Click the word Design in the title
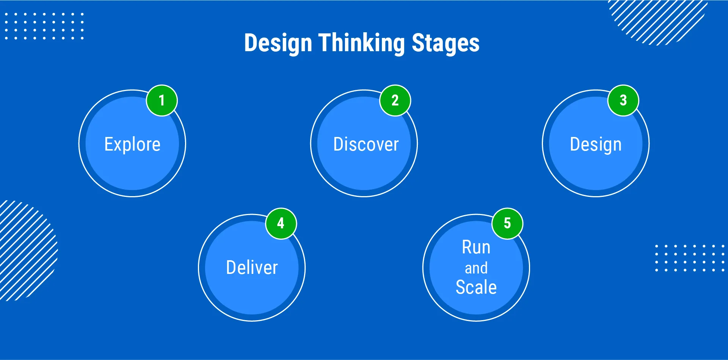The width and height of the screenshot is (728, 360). (278, 43)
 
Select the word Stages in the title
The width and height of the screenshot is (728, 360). (446, 43)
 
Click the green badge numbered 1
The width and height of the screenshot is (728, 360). (162, 101)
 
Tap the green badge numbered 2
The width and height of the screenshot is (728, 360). (395, 101)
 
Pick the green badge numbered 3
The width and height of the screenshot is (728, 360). (623, 101)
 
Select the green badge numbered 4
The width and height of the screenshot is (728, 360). (281, 223)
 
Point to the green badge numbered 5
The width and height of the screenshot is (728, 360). (507, 223)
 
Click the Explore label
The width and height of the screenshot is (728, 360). (132, 145)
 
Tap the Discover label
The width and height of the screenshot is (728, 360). (366, 145)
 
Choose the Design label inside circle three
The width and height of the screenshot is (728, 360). (596, 145)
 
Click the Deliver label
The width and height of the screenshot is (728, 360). (252, 267)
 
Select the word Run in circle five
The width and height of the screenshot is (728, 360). (476, 247)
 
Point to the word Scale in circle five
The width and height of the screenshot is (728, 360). (476, 287)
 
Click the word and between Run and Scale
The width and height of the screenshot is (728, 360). (476, 268)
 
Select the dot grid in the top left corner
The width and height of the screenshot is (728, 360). (44, 26)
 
